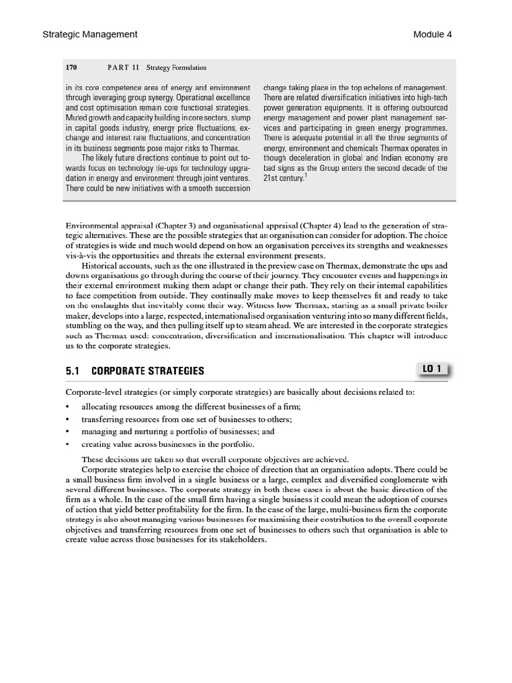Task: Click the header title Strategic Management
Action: pos(90,34)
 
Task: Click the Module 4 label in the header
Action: pos(432,34)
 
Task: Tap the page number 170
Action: pos(72,67)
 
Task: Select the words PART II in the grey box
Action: pos(121,67)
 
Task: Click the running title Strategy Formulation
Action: pos(173,67)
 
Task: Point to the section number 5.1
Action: pos(73,371)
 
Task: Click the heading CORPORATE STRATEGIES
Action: pos(147,371)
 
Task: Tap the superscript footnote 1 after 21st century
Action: pos(305,176)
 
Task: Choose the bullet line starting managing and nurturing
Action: pos(177,432)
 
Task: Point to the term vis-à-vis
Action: pos(79,256)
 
